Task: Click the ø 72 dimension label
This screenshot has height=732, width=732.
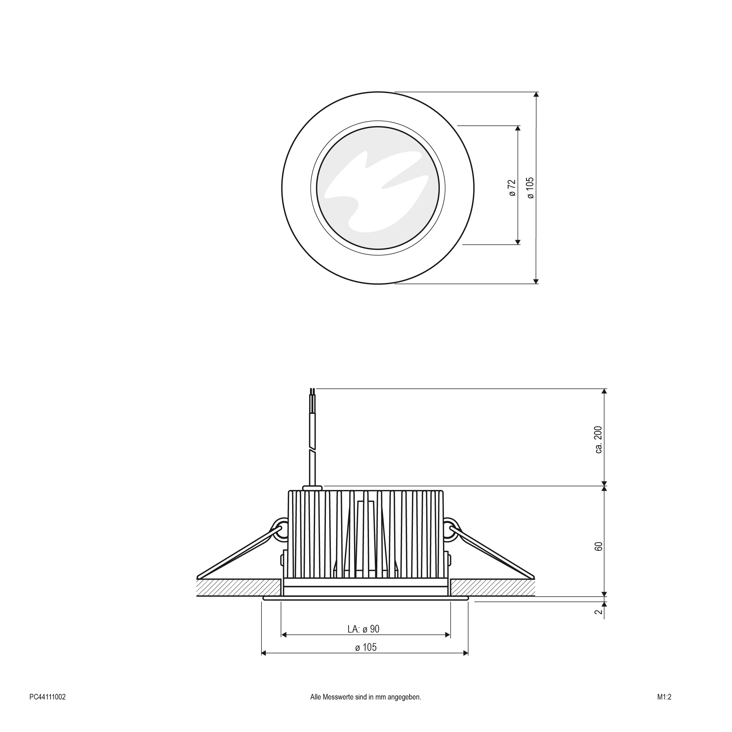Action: tap(512, 188)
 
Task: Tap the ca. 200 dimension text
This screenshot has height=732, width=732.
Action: tap(598, 440)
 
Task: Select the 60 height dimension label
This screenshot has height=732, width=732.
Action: tap(598, 546)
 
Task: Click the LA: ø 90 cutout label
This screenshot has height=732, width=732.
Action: tap(363, 629)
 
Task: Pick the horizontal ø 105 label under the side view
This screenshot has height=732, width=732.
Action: tap(366, 647)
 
